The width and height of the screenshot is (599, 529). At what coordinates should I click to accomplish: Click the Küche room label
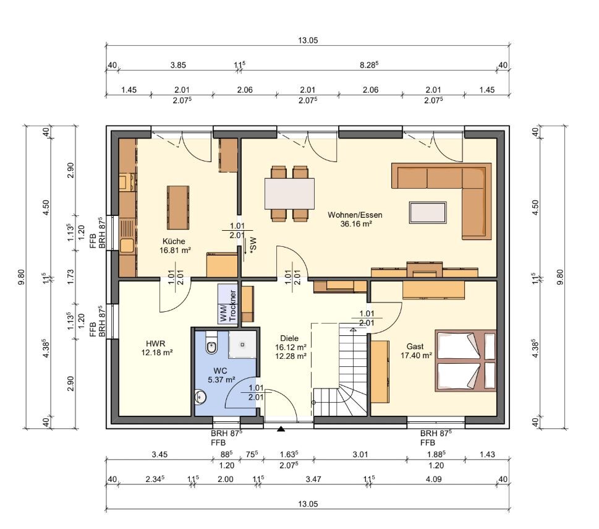point(174,241)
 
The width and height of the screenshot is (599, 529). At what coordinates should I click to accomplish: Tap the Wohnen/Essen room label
point(355,215)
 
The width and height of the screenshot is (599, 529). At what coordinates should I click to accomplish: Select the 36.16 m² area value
point(356,224)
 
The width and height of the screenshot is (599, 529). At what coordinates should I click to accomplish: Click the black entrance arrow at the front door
point(281,429)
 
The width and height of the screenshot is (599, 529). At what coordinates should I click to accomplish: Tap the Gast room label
point(415,346)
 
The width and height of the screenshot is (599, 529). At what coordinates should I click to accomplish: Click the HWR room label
point(156,343)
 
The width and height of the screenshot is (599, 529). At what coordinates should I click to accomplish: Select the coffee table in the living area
point(428,212)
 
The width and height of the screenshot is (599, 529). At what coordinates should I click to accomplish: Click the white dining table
point(289,194)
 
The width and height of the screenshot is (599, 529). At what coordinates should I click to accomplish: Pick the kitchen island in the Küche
point(178,207)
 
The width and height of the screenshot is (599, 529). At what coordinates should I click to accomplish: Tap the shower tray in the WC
point(242,345)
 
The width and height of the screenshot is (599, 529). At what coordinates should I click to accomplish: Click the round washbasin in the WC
point(200,397)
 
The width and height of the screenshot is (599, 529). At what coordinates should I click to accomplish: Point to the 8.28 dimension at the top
point(369,64)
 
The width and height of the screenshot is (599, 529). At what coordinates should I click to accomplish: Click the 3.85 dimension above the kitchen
point(178,65)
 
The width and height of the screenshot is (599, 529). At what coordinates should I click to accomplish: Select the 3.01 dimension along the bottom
point(360,455)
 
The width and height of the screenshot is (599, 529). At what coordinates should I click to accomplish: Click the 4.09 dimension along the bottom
point(433,479)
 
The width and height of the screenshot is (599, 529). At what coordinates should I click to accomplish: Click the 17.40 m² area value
point(416,356)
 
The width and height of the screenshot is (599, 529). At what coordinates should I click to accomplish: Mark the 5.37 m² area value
point(221,380)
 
